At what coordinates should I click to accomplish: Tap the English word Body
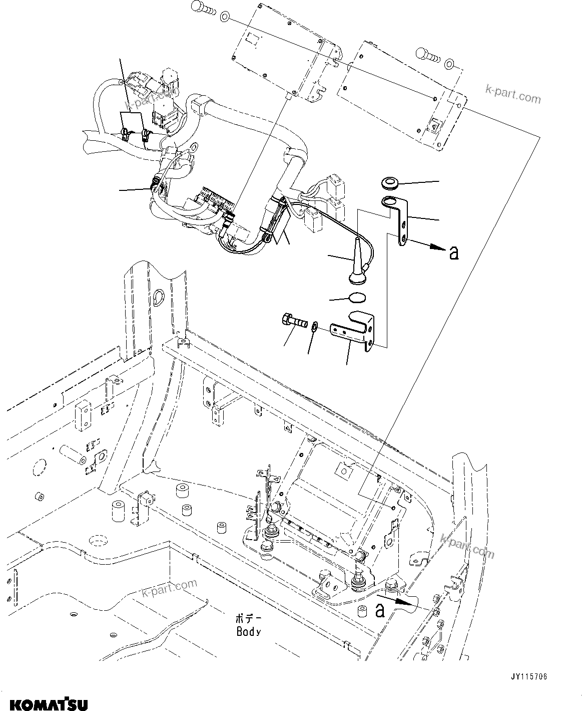pos(249,632)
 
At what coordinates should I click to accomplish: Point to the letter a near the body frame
pos(380,611)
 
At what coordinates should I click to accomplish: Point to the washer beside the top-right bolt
pos(449,64)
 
